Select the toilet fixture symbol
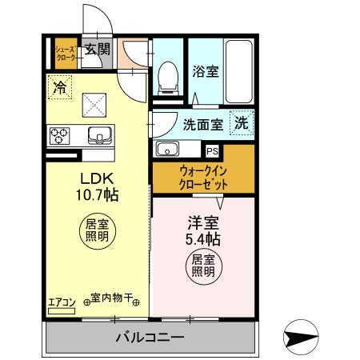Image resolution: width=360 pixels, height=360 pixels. point(168,78)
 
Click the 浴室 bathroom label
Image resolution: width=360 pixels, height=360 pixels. point(205,71)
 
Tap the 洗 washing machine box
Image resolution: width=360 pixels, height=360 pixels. point(240,123)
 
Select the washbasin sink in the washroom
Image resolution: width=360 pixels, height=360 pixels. point(169,149)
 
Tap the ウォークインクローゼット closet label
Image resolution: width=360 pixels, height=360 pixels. point(204,176)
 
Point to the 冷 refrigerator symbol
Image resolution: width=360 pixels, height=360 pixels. point(59,87)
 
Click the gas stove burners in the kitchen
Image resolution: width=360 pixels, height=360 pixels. point(60,135)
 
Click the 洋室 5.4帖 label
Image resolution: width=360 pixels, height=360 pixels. point(203,230)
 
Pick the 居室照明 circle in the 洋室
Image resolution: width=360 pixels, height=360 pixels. point(202,265)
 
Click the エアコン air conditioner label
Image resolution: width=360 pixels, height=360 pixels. point(62,302)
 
